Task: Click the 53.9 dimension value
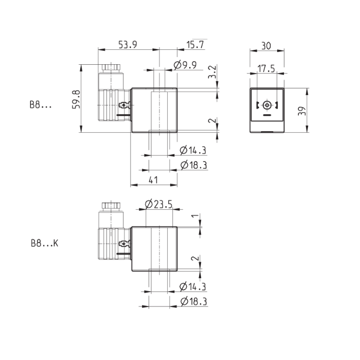[128, 45]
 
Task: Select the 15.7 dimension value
[194, 45]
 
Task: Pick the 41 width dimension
[154, 179]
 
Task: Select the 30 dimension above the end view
[266, 45]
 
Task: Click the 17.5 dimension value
[266, 68]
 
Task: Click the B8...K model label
[44, 244]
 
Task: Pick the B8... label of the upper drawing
[41, 105]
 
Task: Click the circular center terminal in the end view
[266, 106]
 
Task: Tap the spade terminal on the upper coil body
[124, 106]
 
